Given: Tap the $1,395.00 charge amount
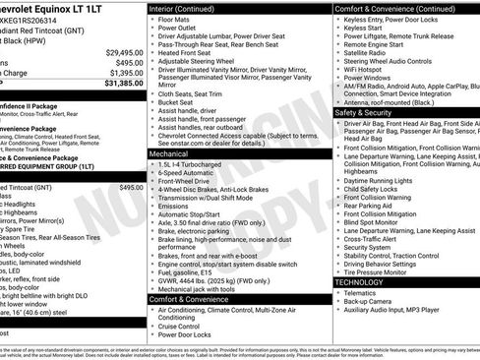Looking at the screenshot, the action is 126,73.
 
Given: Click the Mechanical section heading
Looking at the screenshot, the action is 170,154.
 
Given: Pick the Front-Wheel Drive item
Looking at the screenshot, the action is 187,182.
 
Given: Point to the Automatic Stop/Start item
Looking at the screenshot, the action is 191,213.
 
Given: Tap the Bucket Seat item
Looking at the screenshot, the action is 178,101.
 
